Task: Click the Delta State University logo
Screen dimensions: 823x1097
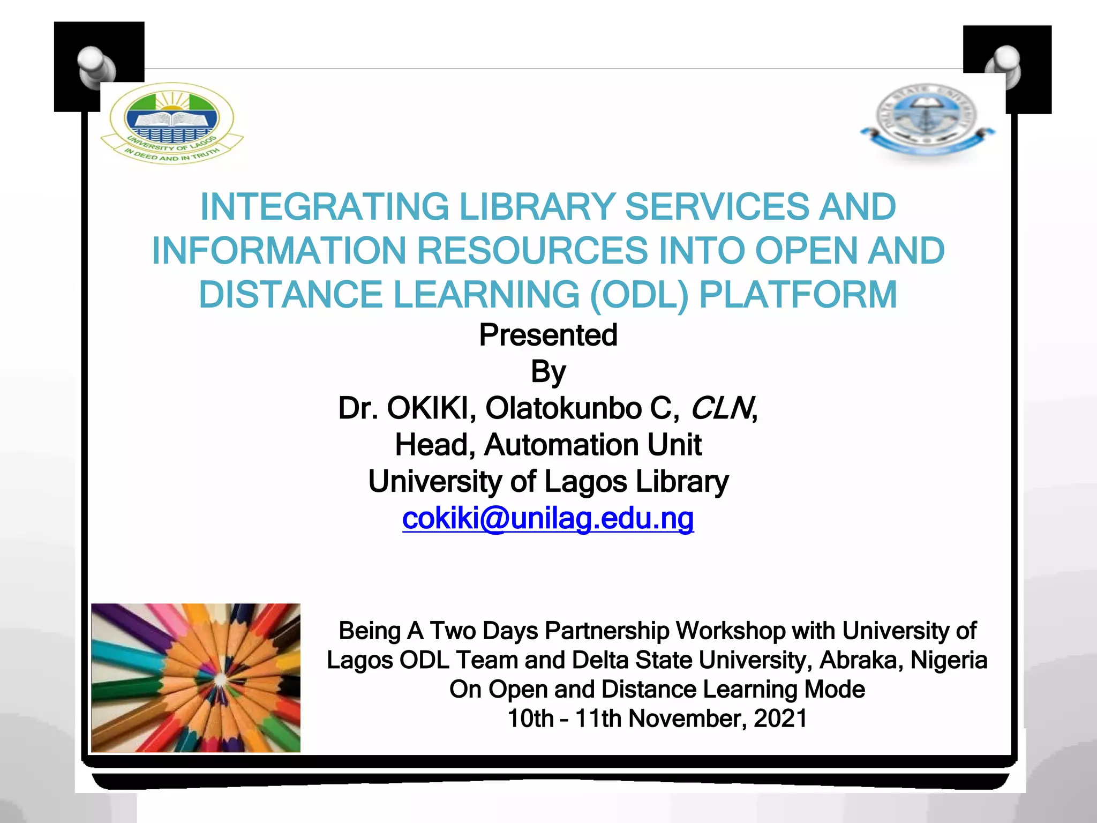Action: [927, 121]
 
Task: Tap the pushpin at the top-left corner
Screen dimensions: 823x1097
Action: [96, 66]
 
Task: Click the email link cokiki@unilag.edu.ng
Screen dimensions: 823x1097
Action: [548, 518]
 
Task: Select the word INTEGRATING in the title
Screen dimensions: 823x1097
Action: [324, 207]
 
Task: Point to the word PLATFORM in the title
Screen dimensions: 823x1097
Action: [798, 295]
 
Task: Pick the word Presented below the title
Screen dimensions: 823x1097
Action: [548, 335]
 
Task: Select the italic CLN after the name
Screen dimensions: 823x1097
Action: [721, 408]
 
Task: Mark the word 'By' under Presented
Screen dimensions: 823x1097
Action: [548, 372]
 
